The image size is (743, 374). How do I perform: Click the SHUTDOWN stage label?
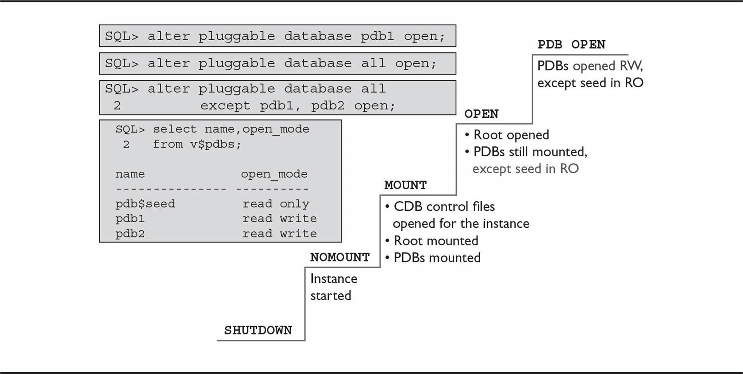258,330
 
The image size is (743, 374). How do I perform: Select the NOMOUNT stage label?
340,257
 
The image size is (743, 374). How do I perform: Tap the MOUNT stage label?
405,185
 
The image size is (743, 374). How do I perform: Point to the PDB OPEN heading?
572,45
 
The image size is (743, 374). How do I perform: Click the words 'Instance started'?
334,287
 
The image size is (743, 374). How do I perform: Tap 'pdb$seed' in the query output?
145,204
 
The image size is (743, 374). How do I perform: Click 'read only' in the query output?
276,204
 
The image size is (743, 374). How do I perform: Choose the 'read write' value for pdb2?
280,234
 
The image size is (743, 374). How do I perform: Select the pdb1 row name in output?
130,218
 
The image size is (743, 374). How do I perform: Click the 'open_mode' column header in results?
274,174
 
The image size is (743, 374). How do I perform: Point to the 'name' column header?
130,174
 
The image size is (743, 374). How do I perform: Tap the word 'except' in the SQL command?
225,106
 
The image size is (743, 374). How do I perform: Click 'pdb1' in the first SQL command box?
377,36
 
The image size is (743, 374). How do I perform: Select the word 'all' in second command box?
373,63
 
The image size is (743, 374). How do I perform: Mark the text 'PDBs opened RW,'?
590,66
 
